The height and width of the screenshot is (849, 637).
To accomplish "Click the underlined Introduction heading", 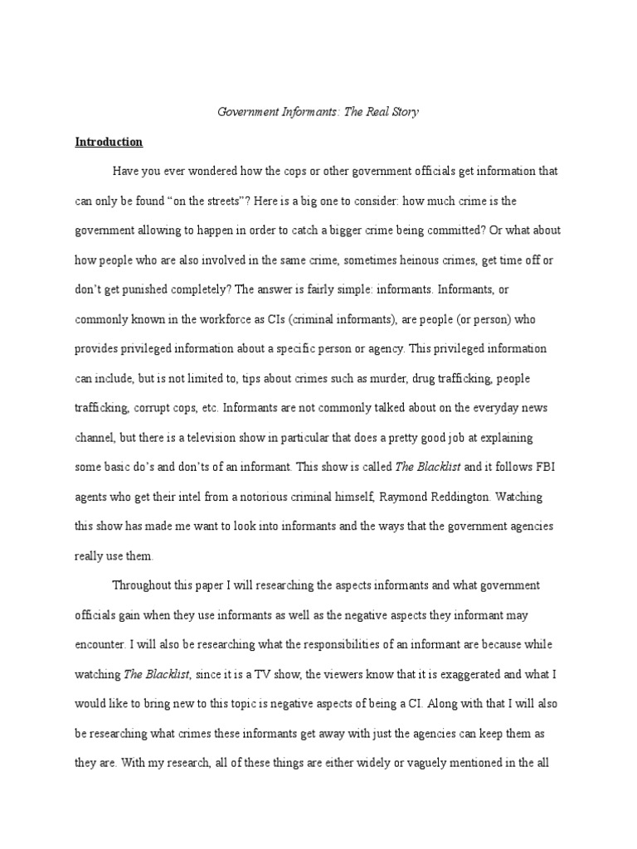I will (x=109, y=142).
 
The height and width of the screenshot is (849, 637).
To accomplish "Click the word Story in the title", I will (x=402, y=112).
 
